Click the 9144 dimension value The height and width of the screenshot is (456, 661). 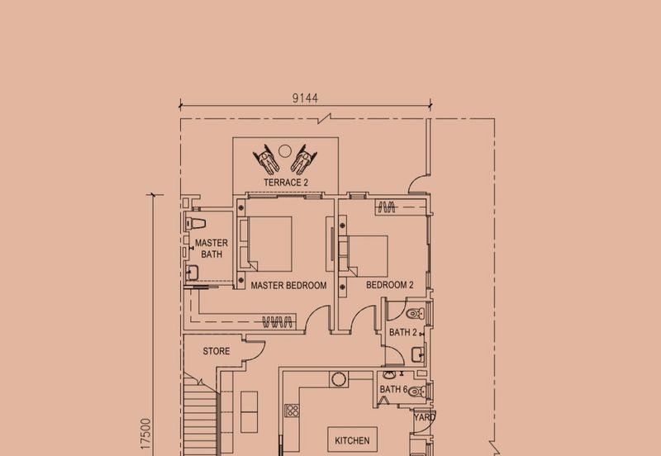[305, 98]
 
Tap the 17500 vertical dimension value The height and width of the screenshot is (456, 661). [145, 433]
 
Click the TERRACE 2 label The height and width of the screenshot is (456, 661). [286, 183]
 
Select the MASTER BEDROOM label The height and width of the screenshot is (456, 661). [288, 285]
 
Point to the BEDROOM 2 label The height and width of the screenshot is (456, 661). [390, 285]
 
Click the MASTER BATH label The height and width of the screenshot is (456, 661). [212, 249]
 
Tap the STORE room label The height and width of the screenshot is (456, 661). [216, 351]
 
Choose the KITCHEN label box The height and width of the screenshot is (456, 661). [353, 440]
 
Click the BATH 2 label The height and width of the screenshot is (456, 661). [403, 333]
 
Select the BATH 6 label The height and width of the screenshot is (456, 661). [394, 389]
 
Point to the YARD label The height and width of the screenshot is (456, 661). [424, 417]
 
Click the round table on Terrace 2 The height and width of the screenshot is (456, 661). [285, 150]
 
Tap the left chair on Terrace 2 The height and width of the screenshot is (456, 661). [266, 159]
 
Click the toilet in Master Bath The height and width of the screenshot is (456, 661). [196, 223]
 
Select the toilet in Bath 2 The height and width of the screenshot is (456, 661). [416, 314]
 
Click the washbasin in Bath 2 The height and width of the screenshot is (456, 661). [418, 354]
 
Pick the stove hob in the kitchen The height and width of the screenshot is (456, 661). [292, 411]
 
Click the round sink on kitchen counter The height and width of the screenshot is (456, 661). [339, 379]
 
